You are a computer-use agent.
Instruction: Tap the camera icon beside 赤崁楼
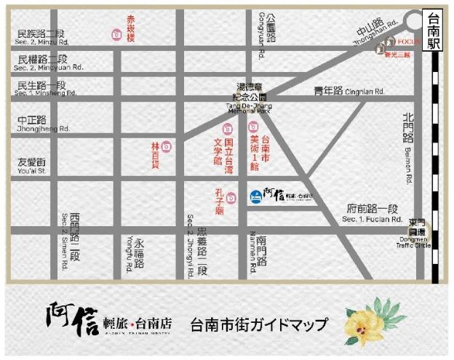[x=116, y=34]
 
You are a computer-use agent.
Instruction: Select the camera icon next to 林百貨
[x=167, y=146]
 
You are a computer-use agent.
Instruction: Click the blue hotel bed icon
[x=255, y=196]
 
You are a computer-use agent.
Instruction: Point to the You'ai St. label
[x=32, y=172]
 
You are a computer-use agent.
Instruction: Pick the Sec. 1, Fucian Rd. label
[x=372, y=219]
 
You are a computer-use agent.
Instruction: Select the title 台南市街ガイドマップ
[x=258, y=324]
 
